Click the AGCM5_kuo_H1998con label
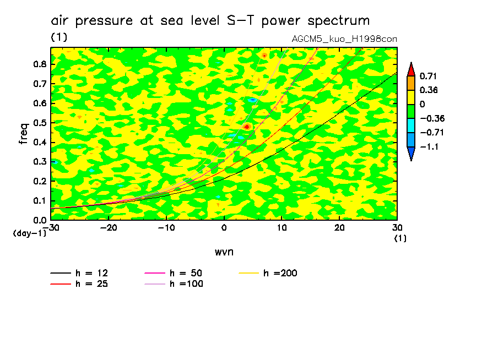pyautogui.click(x=344, y=39)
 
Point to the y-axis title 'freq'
pyautogui.click(x=23, y=133)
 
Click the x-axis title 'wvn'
pyautogui.click(x=224, y=252)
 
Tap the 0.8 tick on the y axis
pyautogui.click(x=39, y=64)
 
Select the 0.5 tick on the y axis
pyautogui.click(x=39, y=123)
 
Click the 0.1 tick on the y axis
pyautogui.click(x=39, y=201)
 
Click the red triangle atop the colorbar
pyautogui.click(x=411, y=69)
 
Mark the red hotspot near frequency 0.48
pyautogui.click(x=247, y=127)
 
